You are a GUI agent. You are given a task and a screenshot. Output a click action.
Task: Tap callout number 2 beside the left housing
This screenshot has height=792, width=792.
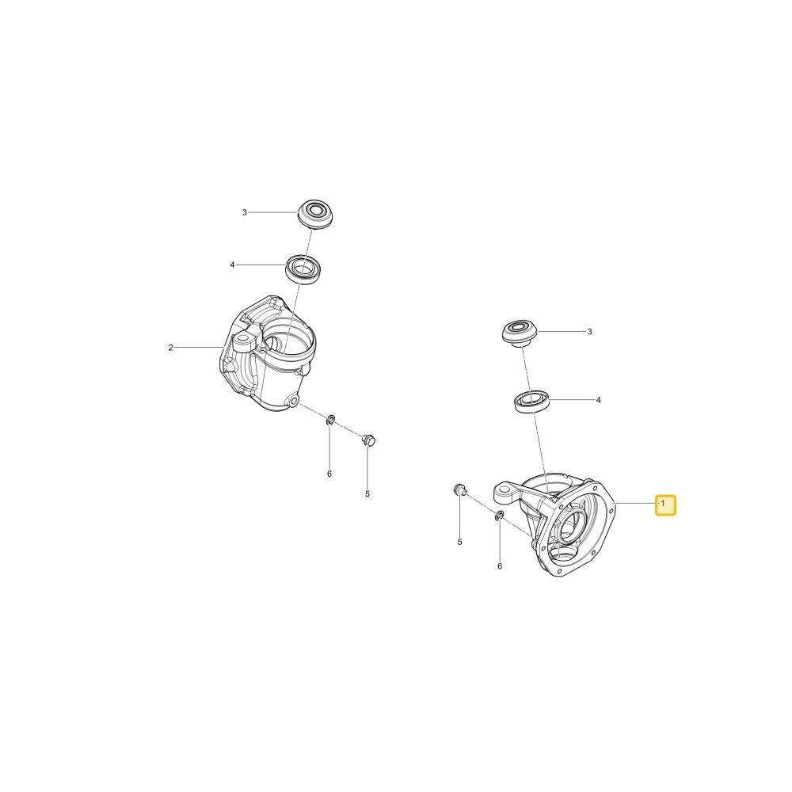[171, 348]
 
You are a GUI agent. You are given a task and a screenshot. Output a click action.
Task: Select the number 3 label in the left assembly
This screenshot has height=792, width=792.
[245, 212]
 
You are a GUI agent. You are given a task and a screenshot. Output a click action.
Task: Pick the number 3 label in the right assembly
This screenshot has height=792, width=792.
[589, 332]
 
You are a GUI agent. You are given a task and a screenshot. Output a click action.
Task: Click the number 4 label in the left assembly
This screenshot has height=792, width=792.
[232, 265]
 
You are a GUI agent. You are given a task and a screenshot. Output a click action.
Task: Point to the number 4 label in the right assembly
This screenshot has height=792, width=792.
[599, 400]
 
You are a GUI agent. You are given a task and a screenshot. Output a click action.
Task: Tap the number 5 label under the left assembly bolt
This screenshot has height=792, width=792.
[367, 494]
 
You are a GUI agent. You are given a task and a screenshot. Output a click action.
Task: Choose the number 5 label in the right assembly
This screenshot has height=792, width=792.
[459, 542]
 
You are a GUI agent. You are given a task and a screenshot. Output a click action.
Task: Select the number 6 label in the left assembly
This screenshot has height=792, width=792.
[329, 474]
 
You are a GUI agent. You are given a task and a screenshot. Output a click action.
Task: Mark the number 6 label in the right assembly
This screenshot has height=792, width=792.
[500, 567]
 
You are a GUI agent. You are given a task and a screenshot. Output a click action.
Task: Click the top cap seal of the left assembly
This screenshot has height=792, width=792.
[316, 214]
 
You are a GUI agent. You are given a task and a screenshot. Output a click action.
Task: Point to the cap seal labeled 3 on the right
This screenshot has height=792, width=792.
[520, 333]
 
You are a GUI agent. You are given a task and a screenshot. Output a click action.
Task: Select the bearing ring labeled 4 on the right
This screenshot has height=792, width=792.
[531, 402]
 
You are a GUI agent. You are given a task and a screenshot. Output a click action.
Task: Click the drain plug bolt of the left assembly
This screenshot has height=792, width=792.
[369, 440]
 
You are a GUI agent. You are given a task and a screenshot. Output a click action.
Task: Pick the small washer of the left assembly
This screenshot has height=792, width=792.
[330, 419]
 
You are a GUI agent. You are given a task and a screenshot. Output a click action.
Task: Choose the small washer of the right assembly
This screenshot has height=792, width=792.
[499, 516]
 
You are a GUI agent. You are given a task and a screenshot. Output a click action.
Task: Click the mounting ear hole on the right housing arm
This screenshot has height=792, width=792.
[504, 489]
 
